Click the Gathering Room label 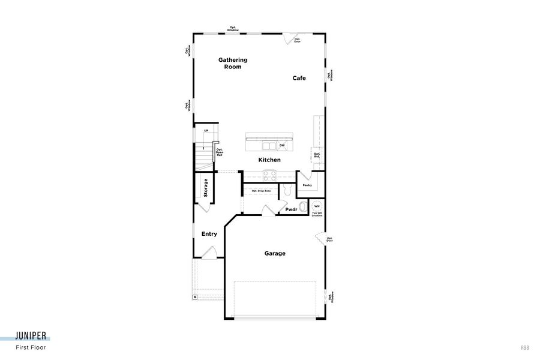233,64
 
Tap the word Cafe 299,78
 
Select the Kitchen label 269,160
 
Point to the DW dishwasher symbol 283,145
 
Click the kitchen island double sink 269,145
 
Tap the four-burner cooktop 269,175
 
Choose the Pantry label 307,185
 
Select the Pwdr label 292,209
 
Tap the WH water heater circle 317,206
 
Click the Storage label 205,188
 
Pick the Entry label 209,234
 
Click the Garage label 275,253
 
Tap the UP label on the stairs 206,131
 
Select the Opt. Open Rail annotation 220,152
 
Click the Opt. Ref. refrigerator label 317,155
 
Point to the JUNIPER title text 32,336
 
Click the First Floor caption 31,347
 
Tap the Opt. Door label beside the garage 329,239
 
